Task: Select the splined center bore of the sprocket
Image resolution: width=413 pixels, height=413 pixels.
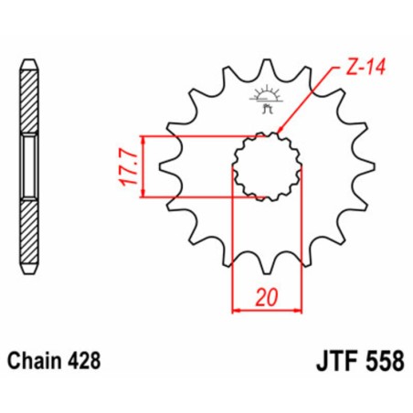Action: click(263, 165)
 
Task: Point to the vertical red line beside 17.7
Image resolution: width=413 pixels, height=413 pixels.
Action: click(144, 166)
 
